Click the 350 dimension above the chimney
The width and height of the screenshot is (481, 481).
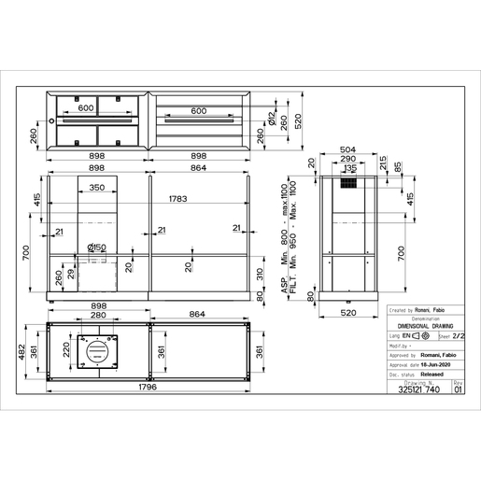click(96, 189)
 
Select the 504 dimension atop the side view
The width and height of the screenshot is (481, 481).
click(347, 148)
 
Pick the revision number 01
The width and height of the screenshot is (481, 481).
click(458, 391)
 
